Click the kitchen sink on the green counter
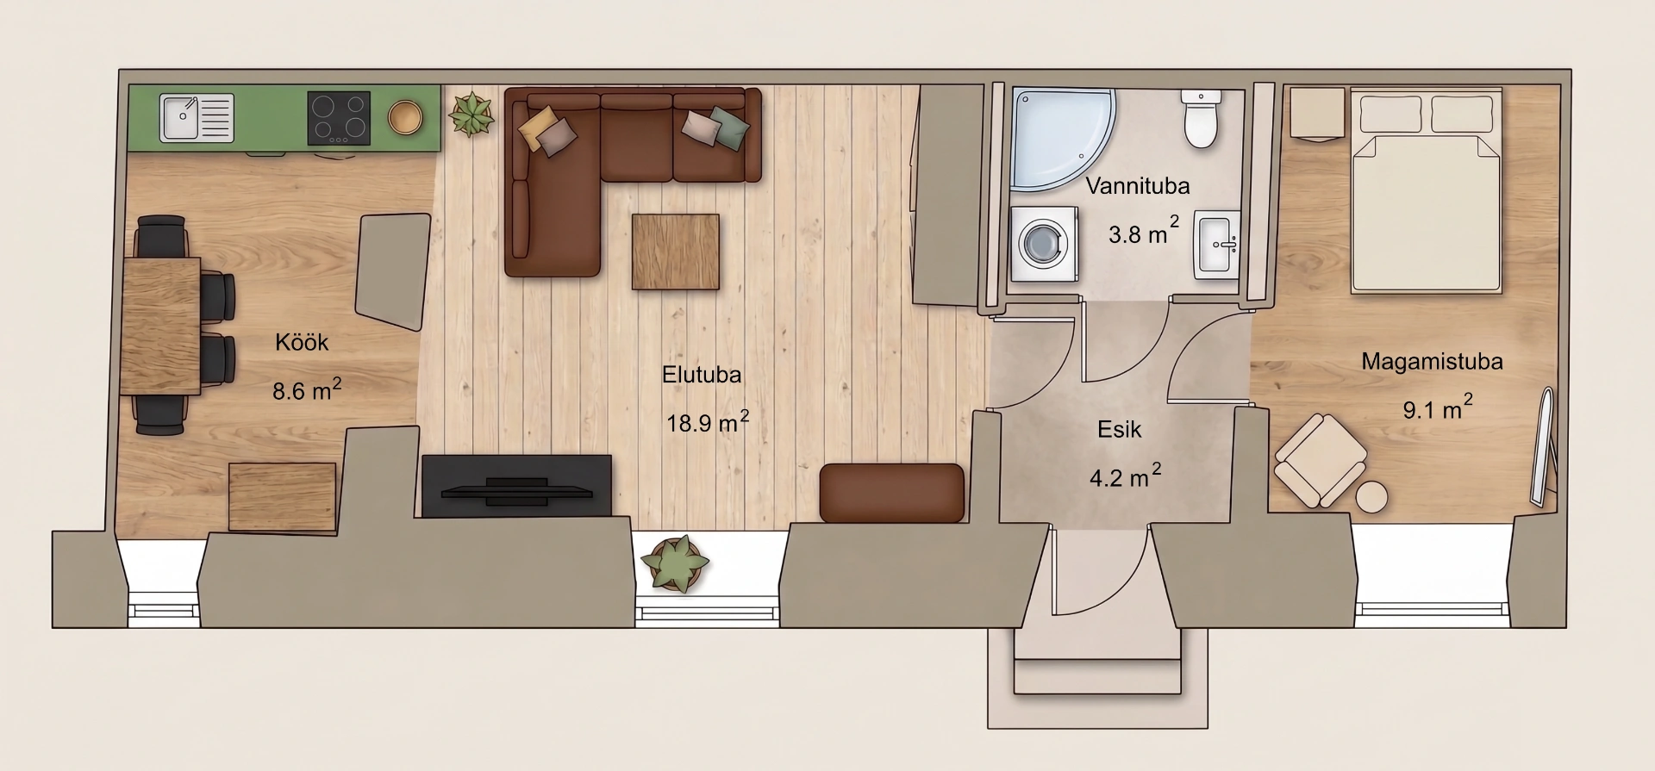click(x=197, y=118)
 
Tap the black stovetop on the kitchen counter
click(x=339, y=118)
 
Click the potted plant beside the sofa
click(x=471, y=115)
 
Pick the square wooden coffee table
click(x=676, y=252)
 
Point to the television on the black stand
click(x=517, y=492)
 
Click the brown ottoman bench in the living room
click(x=891, y=493)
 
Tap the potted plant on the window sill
click(x=675, y=563)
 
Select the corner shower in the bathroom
click(x=1063, y=137)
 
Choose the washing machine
click(x=1044, y=243)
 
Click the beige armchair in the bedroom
click(x=1320, y=460)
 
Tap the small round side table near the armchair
click(x=1371, y=497)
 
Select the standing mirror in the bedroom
click(x=1543, y=447)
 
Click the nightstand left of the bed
click(x=1317, y=113)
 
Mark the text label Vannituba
click(x=1137, y=185)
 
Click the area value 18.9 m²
click(x=707, y=421)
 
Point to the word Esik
click(x=1119, y=429)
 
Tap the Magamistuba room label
click(x=1432, y=362)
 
